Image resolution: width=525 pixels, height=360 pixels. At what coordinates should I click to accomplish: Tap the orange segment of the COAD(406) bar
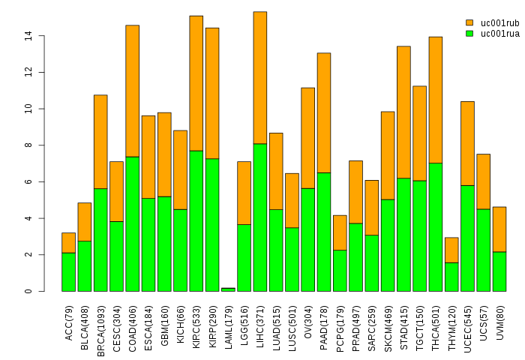[x=132, y=91]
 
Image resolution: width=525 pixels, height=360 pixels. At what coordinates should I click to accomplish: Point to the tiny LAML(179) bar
[x=228, y=289]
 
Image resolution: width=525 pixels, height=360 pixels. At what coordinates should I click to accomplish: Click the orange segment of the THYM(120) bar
[x=451, y=250]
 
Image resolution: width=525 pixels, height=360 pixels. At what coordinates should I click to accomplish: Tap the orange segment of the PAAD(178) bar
[x=324, y=112]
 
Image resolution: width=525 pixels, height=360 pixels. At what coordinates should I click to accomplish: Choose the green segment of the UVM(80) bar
[x=499, y=271]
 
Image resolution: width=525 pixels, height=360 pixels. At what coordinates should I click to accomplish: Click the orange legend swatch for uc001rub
[x=469, y=23]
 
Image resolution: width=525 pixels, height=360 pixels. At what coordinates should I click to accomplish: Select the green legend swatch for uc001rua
[x=469, y=34]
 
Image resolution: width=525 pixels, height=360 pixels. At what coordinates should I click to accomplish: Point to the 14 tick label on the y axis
[x=28, y=35]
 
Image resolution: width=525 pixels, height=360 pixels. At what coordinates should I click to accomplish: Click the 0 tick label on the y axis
[x=28, y=291]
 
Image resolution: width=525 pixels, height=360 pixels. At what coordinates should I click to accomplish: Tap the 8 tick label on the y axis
[x=28, y=145]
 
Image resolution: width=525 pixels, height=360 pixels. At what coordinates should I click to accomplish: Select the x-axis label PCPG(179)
[x=340, y=324]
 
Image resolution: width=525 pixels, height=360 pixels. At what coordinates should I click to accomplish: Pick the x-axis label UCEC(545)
[x=467, y=324]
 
